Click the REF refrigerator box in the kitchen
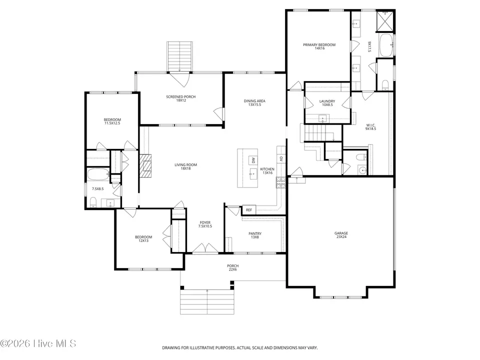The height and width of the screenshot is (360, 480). [249, 209]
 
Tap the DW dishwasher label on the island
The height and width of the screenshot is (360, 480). [253, 160]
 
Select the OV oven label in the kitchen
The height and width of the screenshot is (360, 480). [281, 159]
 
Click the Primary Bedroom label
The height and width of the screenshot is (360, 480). [319, 46]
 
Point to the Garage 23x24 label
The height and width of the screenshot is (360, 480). [341, 235]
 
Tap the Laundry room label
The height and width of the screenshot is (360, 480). [327, 103]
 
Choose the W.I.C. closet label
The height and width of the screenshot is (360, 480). [370, 127]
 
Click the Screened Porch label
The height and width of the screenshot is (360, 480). [181, 98]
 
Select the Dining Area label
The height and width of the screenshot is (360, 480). [254, 103]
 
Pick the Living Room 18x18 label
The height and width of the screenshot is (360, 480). [186, 166]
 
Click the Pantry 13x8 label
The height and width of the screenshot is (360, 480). [255, 235]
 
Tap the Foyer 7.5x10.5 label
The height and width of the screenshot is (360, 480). [205, 224]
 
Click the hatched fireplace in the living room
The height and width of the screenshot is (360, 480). [145, 165]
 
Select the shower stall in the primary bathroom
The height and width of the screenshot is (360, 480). [385, 21]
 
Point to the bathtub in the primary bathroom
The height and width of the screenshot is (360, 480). [386, 45]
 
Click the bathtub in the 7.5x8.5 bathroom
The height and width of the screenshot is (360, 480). [98, 174]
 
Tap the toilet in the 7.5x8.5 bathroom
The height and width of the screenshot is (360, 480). [93, 202]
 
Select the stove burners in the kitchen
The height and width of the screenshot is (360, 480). [280, 182]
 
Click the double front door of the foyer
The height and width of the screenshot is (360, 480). [205, 248]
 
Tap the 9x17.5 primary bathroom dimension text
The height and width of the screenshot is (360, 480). [369, 47]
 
